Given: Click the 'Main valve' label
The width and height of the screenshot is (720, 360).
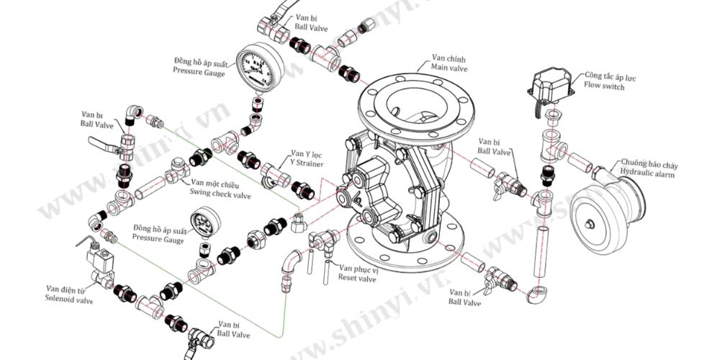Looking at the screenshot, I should pyautogui.click(x=450, y=68).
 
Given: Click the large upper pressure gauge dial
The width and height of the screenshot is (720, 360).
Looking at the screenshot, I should pyautogui.click(x=257, y=69).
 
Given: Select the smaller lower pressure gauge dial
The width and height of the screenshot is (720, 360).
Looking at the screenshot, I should pyautogui.click(x=205, y=225).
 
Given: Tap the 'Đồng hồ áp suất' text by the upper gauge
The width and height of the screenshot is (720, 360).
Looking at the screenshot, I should pyautogui.click(x=199, y=62).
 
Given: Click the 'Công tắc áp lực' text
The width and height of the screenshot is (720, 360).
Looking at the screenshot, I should pyautogui.click(x=611, y=76).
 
